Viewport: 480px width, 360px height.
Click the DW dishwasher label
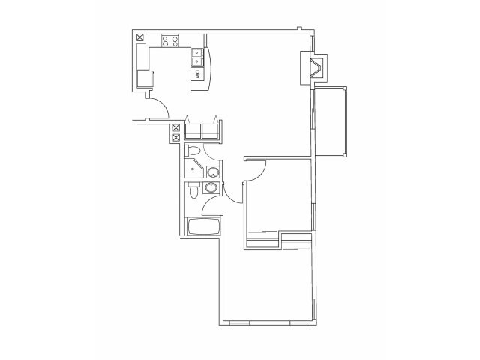[x=197, y=74]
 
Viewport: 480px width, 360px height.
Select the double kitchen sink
[x=196, y=57]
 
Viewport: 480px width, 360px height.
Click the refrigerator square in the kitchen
[x=144, y=78]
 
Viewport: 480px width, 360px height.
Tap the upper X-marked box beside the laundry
[x=175, y=127]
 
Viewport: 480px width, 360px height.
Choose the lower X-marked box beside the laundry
[x=175, y=138]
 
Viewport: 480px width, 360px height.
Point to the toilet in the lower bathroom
[x=193, y=193]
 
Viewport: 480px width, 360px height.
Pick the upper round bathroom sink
[x=211, y=172]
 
